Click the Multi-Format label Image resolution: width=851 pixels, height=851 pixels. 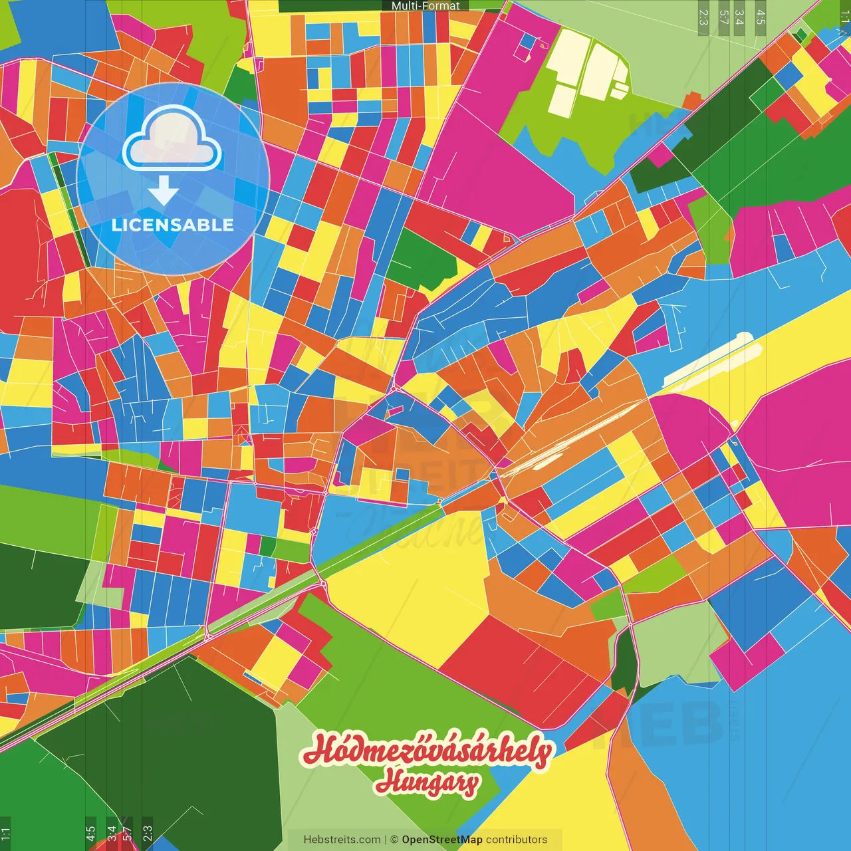[425, 6]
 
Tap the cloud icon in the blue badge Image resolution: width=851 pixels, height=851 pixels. [172, 140]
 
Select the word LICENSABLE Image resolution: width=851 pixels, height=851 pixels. [173, 225]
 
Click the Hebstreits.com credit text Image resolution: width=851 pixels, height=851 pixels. [342, 840]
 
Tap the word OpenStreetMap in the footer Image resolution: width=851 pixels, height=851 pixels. [442, 840]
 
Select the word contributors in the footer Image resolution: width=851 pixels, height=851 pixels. [517, 840]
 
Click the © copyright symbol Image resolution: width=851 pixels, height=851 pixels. [394, 840]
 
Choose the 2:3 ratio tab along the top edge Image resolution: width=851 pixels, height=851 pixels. [703, 17]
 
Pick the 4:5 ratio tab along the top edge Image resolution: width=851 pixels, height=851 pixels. [761, 17]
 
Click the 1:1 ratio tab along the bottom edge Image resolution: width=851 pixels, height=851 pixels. [5, 833]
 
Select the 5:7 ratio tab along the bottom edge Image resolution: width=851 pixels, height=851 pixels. [127, 833]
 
